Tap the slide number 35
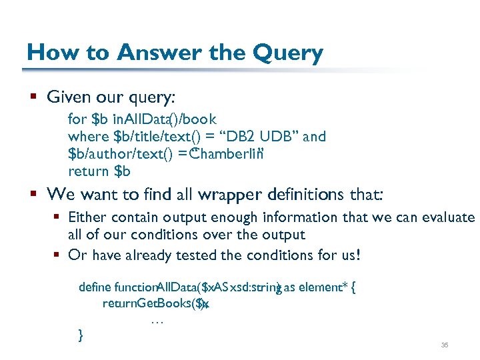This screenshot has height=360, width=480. coord(445,345)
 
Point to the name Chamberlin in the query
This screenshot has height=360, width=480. coord(224,154)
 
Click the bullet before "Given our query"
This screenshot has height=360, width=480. coord(33,98)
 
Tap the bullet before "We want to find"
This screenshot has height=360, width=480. coord(33,196)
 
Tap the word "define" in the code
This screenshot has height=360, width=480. coord(95,288)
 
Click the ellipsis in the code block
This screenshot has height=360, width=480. coord(157,321)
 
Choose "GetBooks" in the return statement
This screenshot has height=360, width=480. coord(163,304)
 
